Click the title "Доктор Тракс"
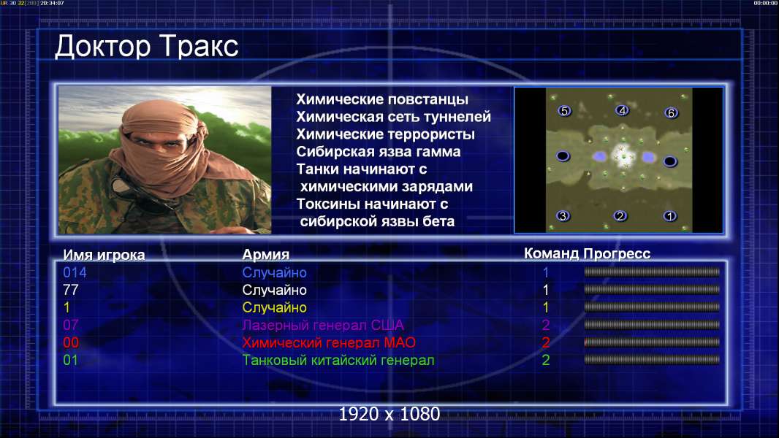click(x=147, y=47)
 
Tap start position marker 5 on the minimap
click(x=564, y=111)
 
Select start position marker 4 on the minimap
click(x=622, y=110)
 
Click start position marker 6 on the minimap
click(x=671, y=113)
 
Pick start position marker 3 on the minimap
click(x=563, y=216)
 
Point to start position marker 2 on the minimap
click(x=620, y=216)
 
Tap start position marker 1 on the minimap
click(x=670, y=216)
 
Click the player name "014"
click(x=75, y=272)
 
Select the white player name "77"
click(x=71, y=290)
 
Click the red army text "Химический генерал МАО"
click(x=329, y=342)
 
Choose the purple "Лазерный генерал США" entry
click(x=323, y=325)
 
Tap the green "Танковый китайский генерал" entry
click(x=338, y=360)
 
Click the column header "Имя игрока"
click(x=104, y=255)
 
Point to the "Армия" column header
click(x=265, y=255)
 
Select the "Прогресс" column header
click(x=617, y=254)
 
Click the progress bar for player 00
click(x=652, y=342)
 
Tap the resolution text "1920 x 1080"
click(x=389, y=414)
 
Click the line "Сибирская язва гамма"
click(x=379, y=152)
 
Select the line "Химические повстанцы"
click(x=382, y=100)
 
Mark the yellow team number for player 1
click(x=545, y=307)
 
